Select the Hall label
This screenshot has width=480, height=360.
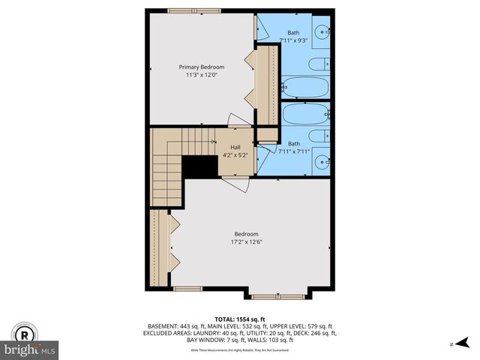[x=235, y=147]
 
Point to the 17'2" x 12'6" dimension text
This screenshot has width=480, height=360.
[x=245, y=241]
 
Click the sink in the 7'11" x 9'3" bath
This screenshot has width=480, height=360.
[x=322, y=32]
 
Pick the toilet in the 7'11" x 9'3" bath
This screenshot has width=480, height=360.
[x=319, y=64]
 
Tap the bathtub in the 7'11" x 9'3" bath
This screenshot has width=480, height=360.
[x=305, y=88]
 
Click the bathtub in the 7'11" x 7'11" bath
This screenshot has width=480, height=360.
[x=305, y=115]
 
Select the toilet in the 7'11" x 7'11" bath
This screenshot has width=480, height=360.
[x=319, y=136]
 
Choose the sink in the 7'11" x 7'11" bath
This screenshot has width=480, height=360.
[x=322, y=160]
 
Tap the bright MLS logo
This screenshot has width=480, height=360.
[x=30, y=350]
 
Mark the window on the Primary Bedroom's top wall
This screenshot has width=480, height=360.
[x=188, y=10]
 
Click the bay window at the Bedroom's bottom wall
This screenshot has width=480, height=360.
[x=277, y=296]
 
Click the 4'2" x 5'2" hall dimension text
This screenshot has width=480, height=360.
[x=235, y=155]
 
